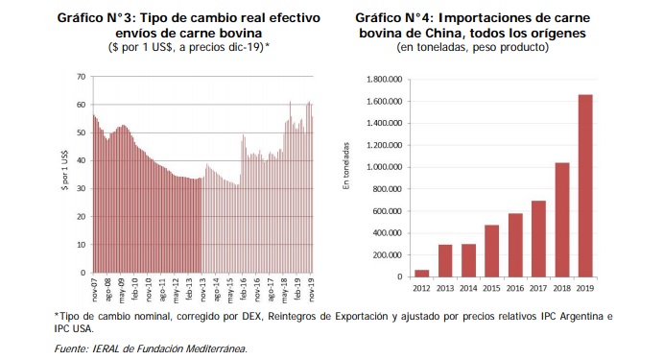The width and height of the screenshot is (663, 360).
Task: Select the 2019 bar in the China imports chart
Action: pyautogui.click(x=585, y=185)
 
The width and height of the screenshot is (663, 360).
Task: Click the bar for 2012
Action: pyautogui.click(x=421, y=274)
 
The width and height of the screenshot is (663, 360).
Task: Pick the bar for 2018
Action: pyautogui.click(x=562, y=220)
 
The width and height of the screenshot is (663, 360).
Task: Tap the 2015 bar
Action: pyautogui.click(x=492, y=251)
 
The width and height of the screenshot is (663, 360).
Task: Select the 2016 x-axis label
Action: pyautogui.click(x=515, y=288)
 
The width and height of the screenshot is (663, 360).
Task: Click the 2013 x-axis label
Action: pyautogui.click(x=445, y=288)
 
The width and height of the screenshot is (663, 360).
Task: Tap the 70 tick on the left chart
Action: pyautogui.click(x=82, y=77)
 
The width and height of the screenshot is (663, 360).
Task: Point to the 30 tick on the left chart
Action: pyautogui.click(x=82, y=189)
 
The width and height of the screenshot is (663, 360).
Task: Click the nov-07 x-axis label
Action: pyautogui.click(x=94, y=290)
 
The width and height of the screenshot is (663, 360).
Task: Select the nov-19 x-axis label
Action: pyautogui.click(x=312, y=290)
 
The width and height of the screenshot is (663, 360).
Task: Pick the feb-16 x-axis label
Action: pyautogui.click(x=244, y=290)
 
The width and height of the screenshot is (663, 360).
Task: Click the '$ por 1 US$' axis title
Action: pyautogui.click(x=64, y=170)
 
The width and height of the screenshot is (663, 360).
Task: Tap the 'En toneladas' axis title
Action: pyautogui.click(x=346, y=166)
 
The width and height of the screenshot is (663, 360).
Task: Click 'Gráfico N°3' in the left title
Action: pyautogui.click(x=95, y=18)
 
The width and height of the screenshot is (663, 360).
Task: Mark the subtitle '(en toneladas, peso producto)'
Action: pyautogui.click(x=472, y=47)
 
